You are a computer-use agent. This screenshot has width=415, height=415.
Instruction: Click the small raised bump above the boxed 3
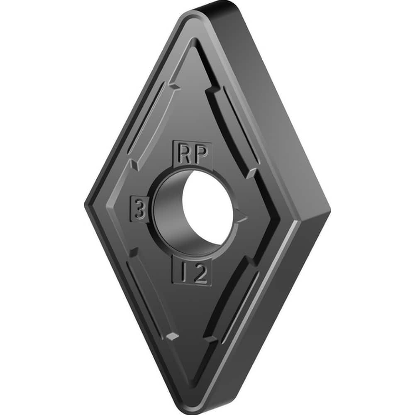134,164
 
